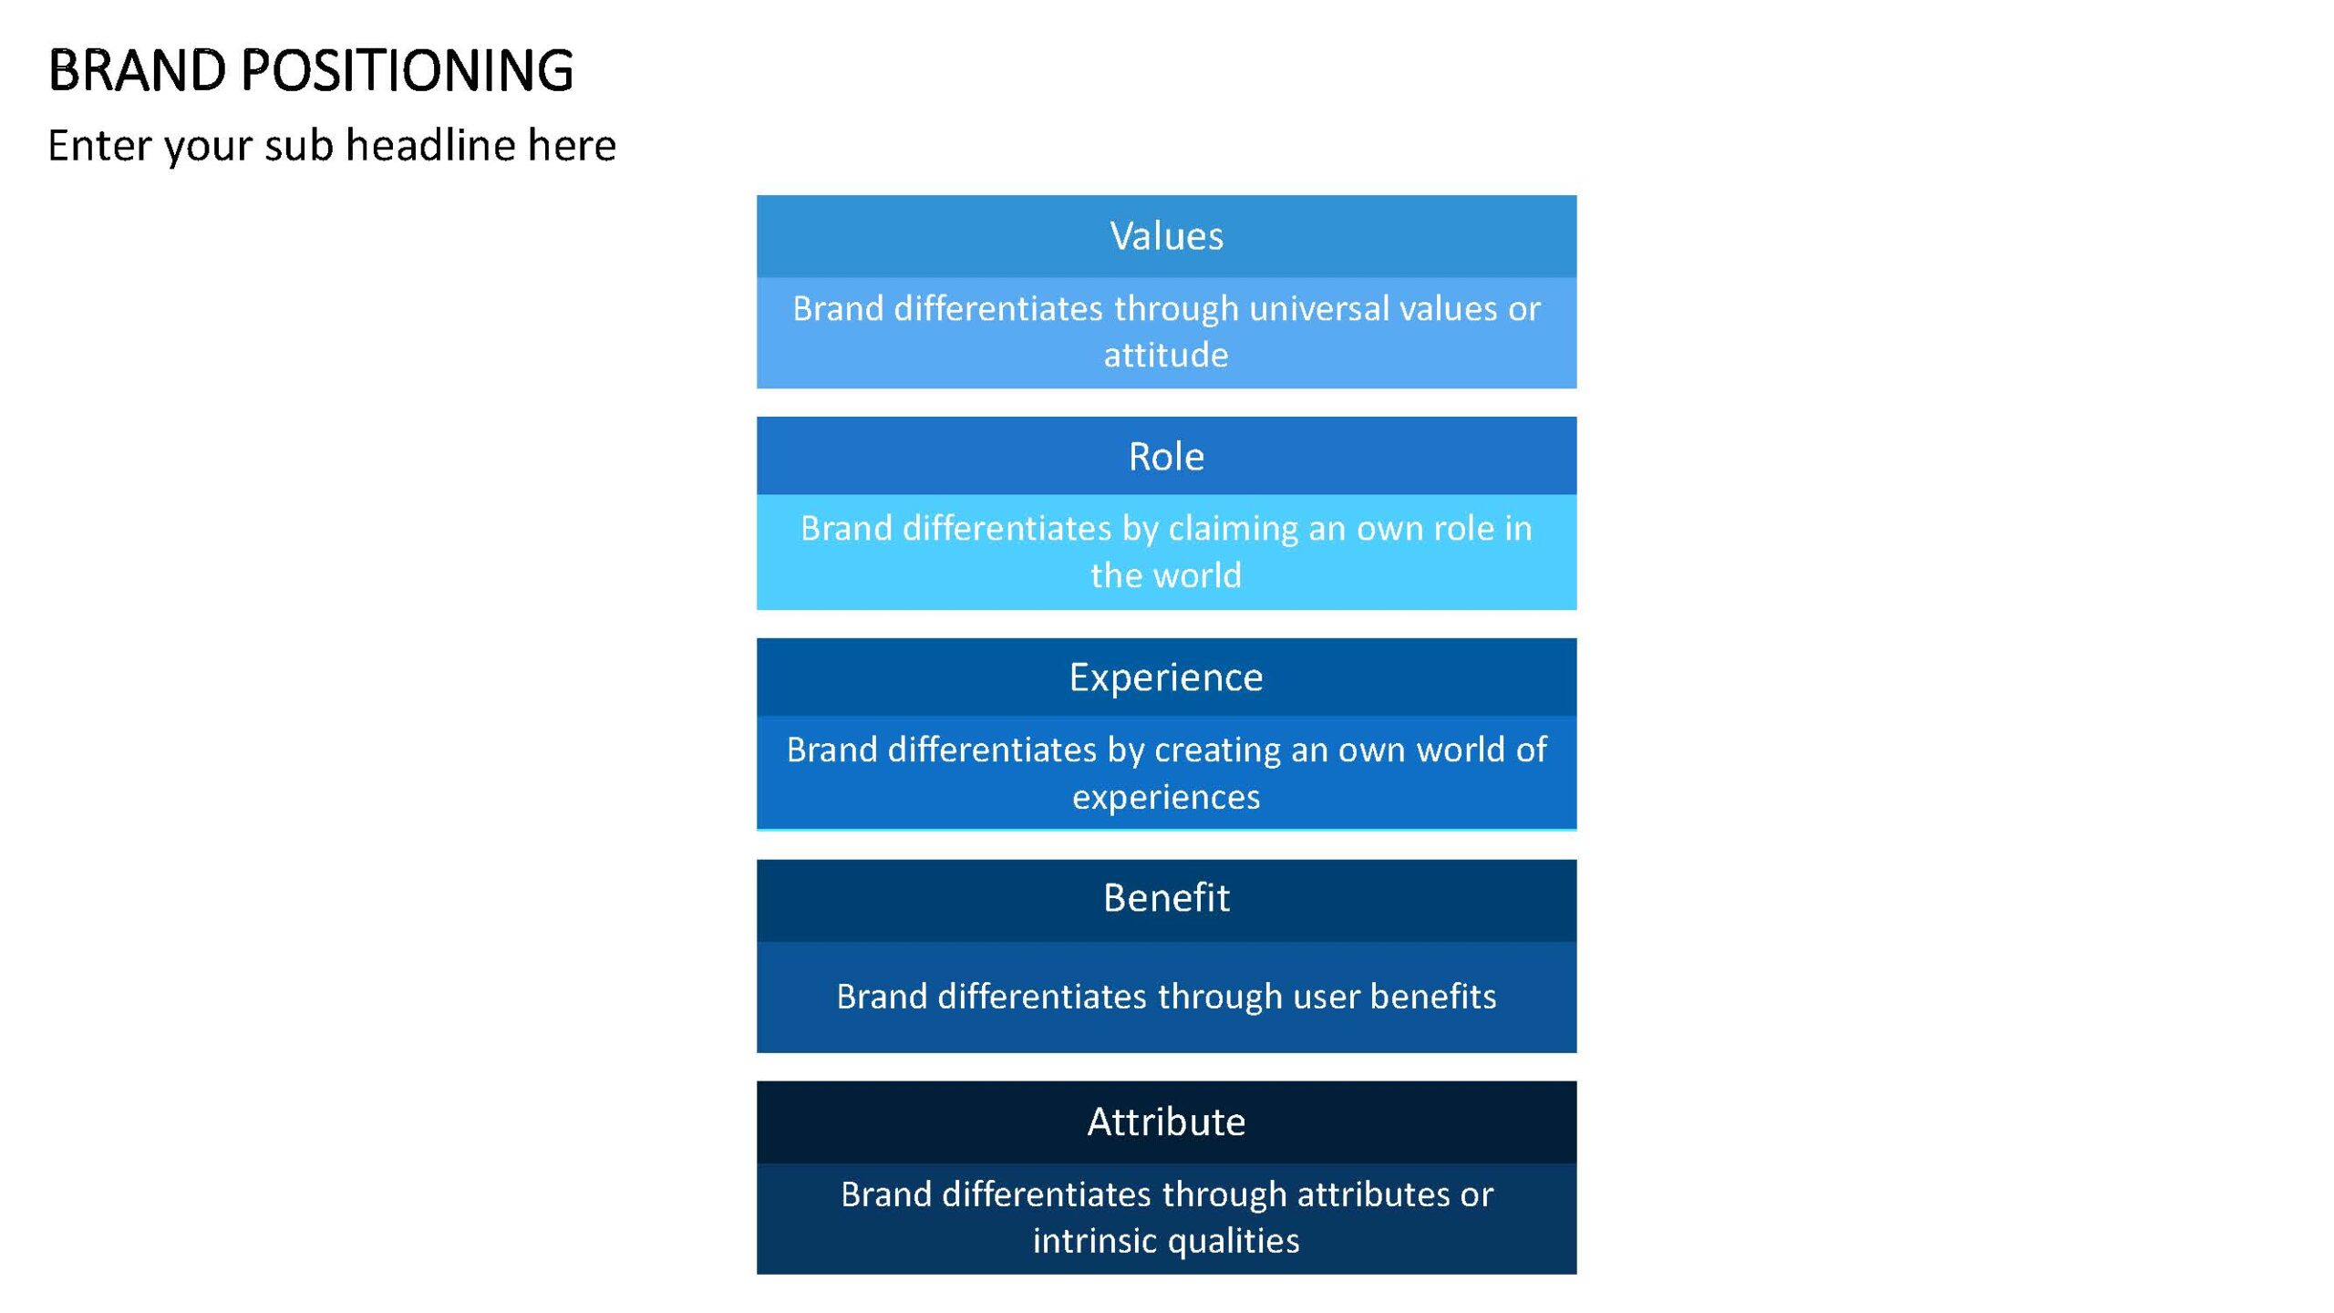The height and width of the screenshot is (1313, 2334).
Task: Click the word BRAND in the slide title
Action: [137, 70]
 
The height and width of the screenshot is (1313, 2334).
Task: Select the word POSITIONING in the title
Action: [408, 70]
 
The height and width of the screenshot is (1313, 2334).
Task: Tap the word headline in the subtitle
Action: [430, 145]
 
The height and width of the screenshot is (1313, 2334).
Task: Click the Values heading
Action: [1166, 236]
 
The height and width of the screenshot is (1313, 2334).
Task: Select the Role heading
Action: [1166, 456]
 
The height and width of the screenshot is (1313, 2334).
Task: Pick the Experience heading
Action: [1166, 677]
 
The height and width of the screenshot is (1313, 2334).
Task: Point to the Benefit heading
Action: [1166, 897]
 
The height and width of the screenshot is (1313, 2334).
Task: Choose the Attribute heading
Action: [1166, 1122]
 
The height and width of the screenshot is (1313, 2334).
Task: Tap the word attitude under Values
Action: [1166, 355]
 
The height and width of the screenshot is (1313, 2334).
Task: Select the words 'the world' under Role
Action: [1166, 575]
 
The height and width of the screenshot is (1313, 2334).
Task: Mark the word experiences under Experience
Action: [1166, 798]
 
